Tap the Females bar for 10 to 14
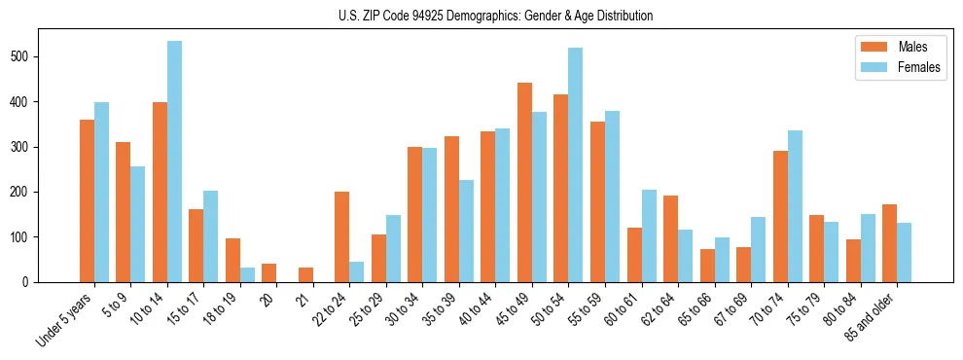coord(174,162)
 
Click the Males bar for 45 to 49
coord(524,183)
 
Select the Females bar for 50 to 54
coord(576,165)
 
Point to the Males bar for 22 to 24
coord(342,237)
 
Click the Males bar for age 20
coord(268,272)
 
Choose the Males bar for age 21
coord(305,274)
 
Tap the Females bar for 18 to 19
coord(247,274)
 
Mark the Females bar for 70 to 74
coord(795,206)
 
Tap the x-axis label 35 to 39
coord(442,309)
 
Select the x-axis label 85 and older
coord(872,317)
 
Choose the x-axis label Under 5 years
coord(66,319)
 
